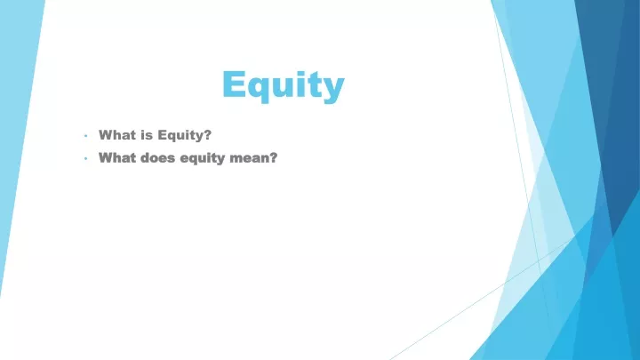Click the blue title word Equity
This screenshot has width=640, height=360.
tap(284, 85)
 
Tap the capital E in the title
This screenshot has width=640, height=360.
tap(234, 84)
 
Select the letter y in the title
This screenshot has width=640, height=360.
tap(332, 90)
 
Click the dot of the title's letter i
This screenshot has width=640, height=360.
tap(297, 74)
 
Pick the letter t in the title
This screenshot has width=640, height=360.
tap(311, 85)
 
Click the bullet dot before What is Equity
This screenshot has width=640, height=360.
tap(85, 135)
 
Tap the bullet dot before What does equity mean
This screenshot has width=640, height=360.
tap(85, 158)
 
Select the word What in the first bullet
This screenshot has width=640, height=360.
tap(117, 135)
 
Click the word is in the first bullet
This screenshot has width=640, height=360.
tap(147, 135)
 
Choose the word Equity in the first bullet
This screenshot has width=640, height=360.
tap(180, 135)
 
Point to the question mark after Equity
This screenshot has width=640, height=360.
tap(207, 135)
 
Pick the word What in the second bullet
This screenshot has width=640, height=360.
tap(117, 157)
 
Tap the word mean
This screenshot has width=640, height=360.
tap(249, 158)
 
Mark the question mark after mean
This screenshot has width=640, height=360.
tap(273, 157)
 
